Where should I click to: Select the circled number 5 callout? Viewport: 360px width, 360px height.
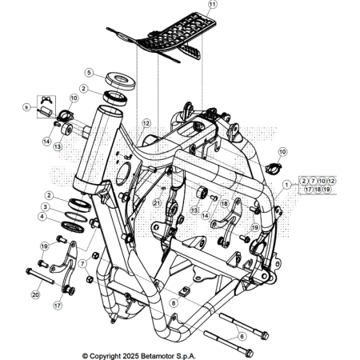90,72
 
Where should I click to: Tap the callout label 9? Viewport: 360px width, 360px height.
26,106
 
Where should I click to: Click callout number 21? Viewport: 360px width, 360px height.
158,203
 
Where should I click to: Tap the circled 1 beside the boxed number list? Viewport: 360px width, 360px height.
286,185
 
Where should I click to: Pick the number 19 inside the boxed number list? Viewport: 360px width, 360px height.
328,190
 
